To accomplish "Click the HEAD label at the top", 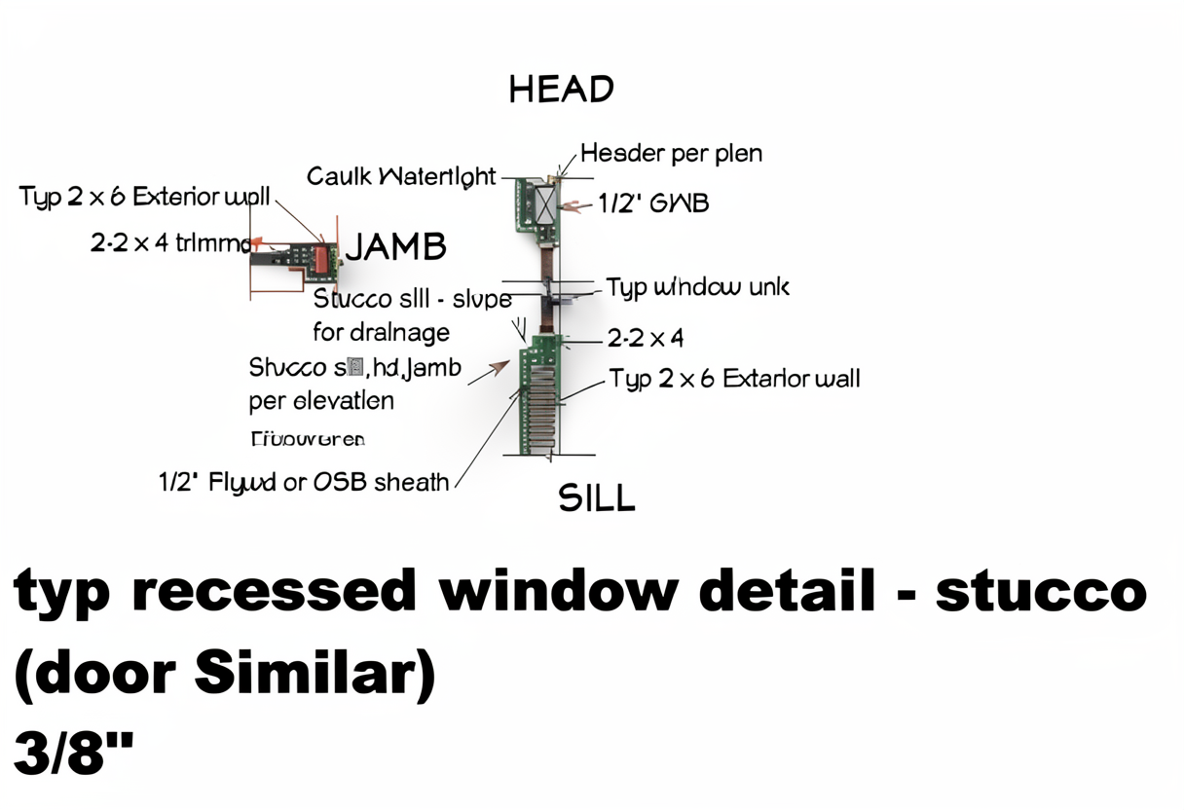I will click(x=561, y=90).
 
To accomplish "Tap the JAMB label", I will click(x=396, y=247).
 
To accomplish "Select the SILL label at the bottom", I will click(x=596, y=497).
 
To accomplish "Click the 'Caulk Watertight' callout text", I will click(x=401, y=177).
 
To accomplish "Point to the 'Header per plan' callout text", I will click(x=671, y=153).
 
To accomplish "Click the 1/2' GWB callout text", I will click(x=652, y=202).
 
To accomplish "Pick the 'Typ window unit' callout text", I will click(x=697, y=287).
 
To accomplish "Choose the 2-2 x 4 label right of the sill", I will click(x=645, y=338).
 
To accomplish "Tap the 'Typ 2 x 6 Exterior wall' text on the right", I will click(x=734, y=378).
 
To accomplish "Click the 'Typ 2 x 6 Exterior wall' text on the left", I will click(x=144, y=197).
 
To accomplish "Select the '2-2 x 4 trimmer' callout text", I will click(x=171, y=243).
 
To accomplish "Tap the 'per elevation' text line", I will click(x=321, y=400).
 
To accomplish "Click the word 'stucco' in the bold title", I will click(x=1040, y=590).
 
